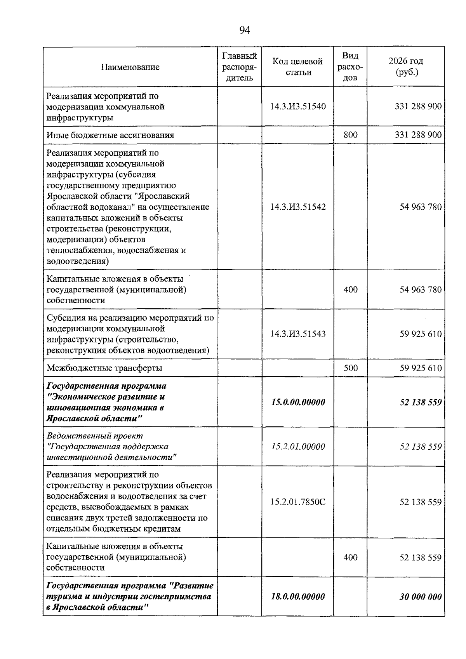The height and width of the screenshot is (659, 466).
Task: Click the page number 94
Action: pos(245,30)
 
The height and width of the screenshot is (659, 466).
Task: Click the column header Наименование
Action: pos(130,67)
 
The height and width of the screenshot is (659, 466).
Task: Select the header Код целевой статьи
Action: pos(297,67)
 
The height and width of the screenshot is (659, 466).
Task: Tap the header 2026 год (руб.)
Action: pos(406,67)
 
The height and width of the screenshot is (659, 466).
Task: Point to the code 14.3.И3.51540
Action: pos(297,106)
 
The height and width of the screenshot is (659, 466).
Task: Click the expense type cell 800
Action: pos(350,135)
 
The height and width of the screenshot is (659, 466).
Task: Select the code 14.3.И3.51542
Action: pos(297,207)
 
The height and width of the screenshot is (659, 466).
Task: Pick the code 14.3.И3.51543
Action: pos(297,334)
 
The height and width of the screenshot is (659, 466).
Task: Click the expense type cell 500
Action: pos(350,368)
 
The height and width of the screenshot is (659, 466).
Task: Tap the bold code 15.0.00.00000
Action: pos(297,402)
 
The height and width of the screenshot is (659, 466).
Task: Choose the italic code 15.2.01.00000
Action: pos(297,447)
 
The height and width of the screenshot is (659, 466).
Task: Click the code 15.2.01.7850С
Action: pos(297,502)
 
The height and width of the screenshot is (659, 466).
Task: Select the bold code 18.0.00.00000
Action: pos(297,596)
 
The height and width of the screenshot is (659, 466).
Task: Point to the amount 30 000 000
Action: pos(421,596)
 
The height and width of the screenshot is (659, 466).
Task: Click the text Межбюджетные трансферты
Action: pos(104,368)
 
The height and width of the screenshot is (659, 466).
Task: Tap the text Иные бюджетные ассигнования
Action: pos(110,135)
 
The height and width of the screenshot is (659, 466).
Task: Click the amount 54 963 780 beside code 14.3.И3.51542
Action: pos(421,207)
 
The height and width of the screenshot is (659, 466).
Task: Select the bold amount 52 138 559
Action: pos(421,402)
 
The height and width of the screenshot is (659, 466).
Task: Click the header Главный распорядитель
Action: pos(239,67)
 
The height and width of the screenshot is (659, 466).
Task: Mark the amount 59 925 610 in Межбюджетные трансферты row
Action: pos(421,368)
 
